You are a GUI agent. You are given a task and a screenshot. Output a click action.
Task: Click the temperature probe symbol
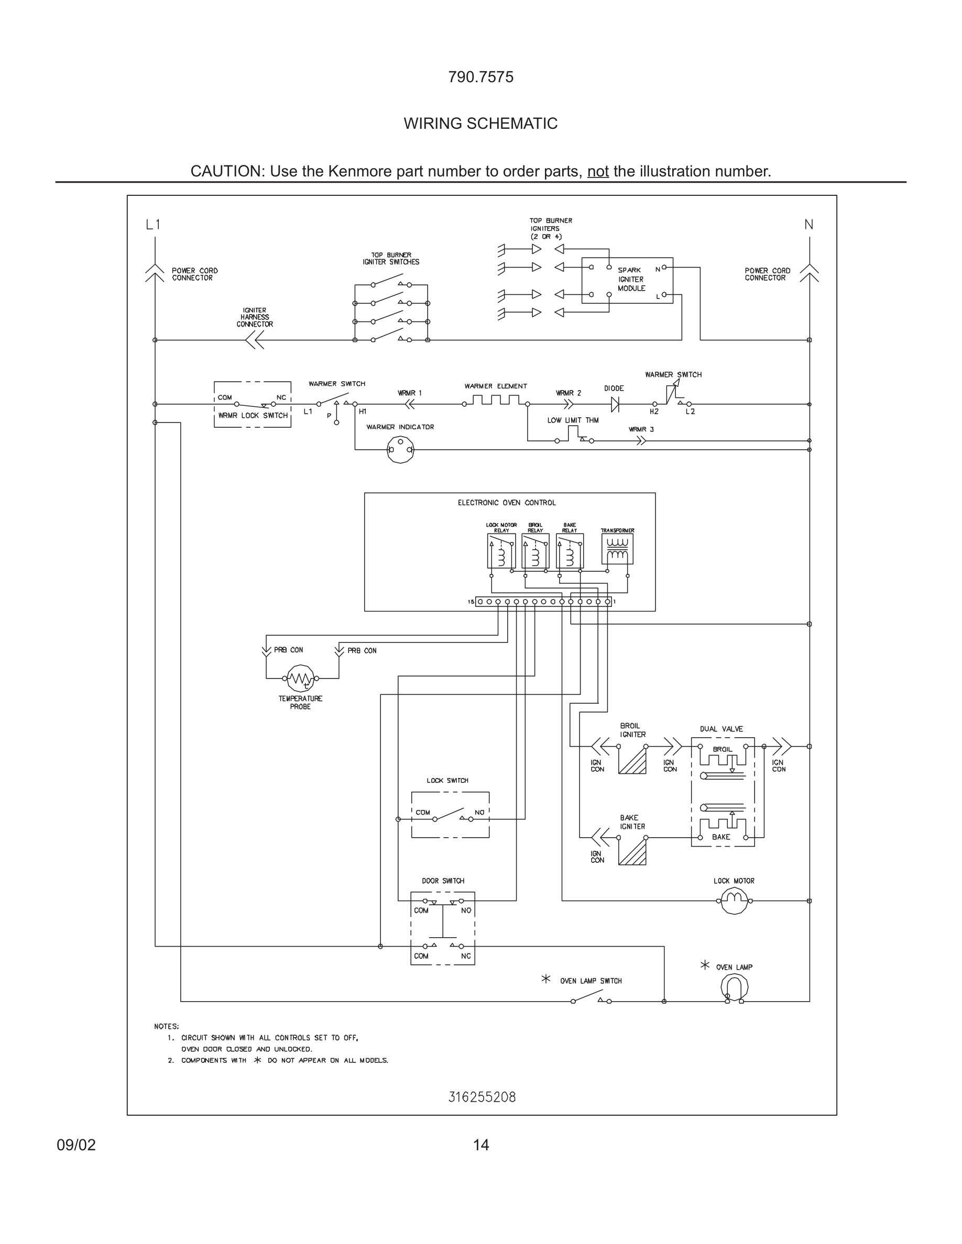click(x=300, y=678)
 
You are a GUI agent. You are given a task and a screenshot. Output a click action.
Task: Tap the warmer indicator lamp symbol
click(x=400, y=449)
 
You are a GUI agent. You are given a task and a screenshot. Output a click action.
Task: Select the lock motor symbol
click(x=734, y=901)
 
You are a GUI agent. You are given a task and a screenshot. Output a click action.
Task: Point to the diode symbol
click(x=615, y=404)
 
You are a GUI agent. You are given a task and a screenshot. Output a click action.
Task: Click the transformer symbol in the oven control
click(x=617, y=549)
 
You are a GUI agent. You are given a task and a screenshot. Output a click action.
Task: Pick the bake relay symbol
click(x=570, y=551)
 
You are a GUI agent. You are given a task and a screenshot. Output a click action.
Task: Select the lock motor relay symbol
click(x=501, y=551)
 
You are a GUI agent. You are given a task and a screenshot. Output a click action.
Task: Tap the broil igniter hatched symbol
click(x=632, y=760)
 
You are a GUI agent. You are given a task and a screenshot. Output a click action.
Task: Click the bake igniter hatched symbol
click(x=632, y=851)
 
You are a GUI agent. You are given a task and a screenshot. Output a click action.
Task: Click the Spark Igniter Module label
click(x=631, y=279)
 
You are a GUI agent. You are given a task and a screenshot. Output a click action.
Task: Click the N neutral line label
click(x=808, y=225)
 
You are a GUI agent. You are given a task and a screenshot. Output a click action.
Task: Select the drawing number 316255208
click(x=482, y=1097)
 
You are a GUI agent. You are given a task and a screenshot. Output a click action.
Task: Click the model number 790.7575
click(x=480, y=77)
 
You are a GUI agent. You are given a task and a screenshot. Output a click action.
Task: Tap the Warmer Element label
click(x=495, y=386)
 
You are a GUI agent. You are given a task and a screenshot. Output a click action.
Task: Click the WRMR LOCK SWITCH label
click(x=253, y=415)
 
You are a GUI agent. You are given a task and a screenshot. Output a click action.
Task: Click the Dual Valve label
click(x=721, y=729)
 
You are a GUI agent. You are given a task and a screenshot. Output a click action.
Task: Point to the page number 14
click(x=480, y=1145)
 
